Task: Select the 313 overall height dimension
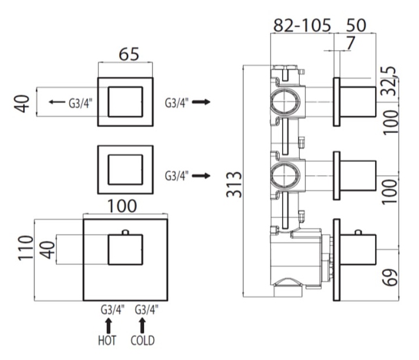(x=234, y=185)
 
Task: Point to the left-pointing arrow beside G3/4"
(x=56, y=103)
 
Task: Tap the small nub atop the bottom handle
(x=125, y=232)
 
